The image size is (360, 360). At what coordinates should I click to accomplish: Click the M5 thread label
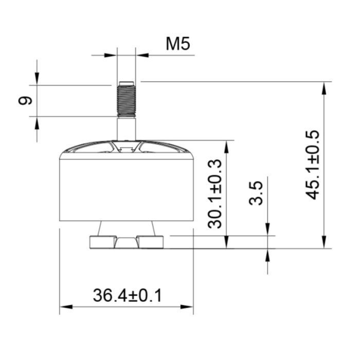177,44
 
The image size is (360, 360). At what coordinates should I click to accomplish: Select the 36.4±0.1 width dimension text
127,296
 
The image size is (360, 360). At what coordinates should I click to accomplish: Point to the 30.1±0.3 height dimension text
215,193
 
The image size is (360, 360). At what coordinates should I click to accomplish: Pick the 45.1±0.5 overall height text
312,165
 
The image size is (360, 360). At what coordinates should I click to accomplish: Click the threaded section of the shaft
126,100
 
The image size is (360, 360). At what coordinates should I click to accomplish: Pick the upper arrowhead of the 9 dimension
37,79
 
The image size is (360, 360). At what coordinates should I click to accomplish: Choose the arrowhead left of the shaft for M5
112,55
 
